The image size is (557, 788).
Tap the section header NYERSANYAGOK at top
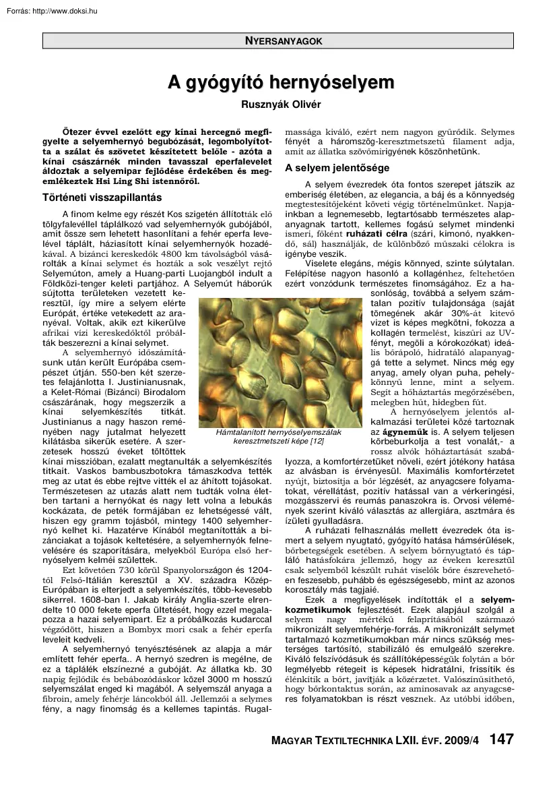284,41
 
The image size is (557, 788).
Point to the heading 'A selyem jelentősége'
337,167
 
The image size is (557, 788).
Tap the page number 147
501,739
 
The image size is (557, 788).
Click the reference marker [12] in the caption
316,441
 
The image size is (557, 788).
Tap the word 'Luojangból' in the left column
195,272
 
